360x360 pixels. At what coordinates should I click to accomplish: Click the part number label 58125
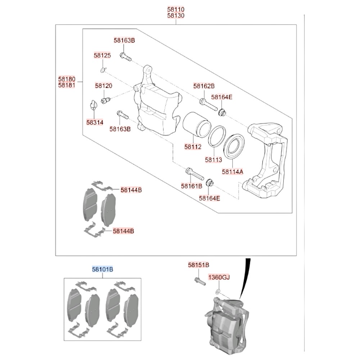coord(102,55)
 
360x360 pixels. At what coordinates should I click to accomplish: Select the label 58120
coord(104,86)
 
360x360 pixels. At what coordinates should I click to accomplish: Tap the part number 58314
coord(95,122)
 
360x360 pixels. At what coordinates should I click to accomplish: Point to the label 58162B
coord(204,86)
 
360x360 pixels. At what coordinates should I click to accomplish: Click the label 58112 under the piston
coord(193,147)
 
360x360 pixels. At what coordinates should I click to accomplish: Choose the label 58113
coord(214,158)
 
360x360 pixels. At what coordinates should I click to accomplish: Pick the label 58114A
coord(233,172)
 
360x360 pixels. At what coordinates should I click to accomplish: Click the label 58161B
coord(192,186)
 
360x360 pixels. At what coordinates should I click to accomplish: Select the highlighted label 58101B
coord(103,269)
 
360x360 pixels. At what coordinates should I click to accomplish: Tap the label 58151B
coord(198,265)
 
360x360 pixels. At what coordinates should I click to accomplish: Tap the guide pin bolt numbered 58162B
coord(208,104)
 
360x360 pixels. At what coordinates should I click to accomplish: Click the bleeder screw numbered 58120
coord(105,100)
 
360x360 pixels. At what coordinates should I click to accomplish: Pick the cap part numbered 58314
coord(93,106)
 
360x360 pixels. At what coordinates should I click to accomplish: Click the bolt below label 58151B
coord(199,281)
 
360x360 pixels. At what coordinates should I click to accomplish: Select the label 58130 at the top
coord(176,16)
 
